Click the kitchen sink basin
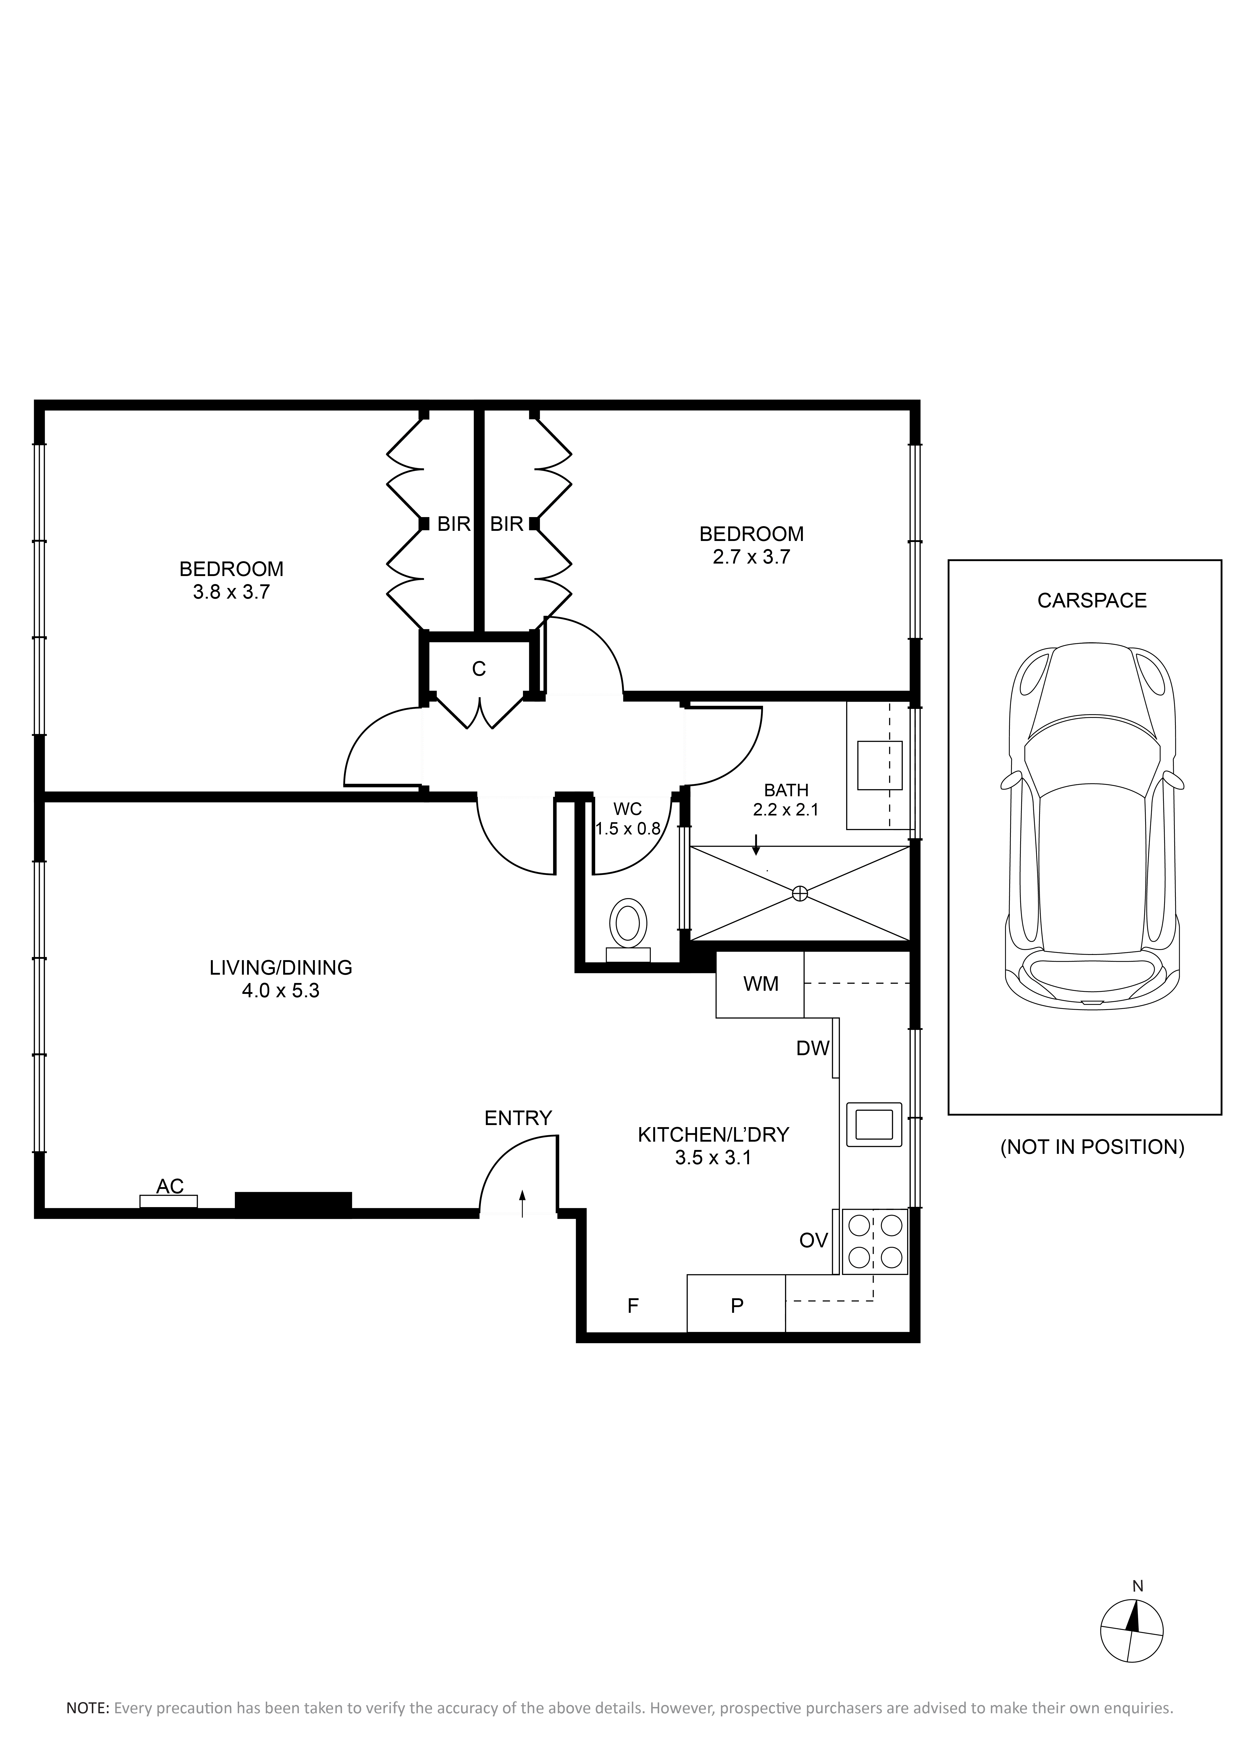point(874,1125)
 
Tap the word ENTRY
point(518,1118)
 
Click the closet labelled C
point(479,669)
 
